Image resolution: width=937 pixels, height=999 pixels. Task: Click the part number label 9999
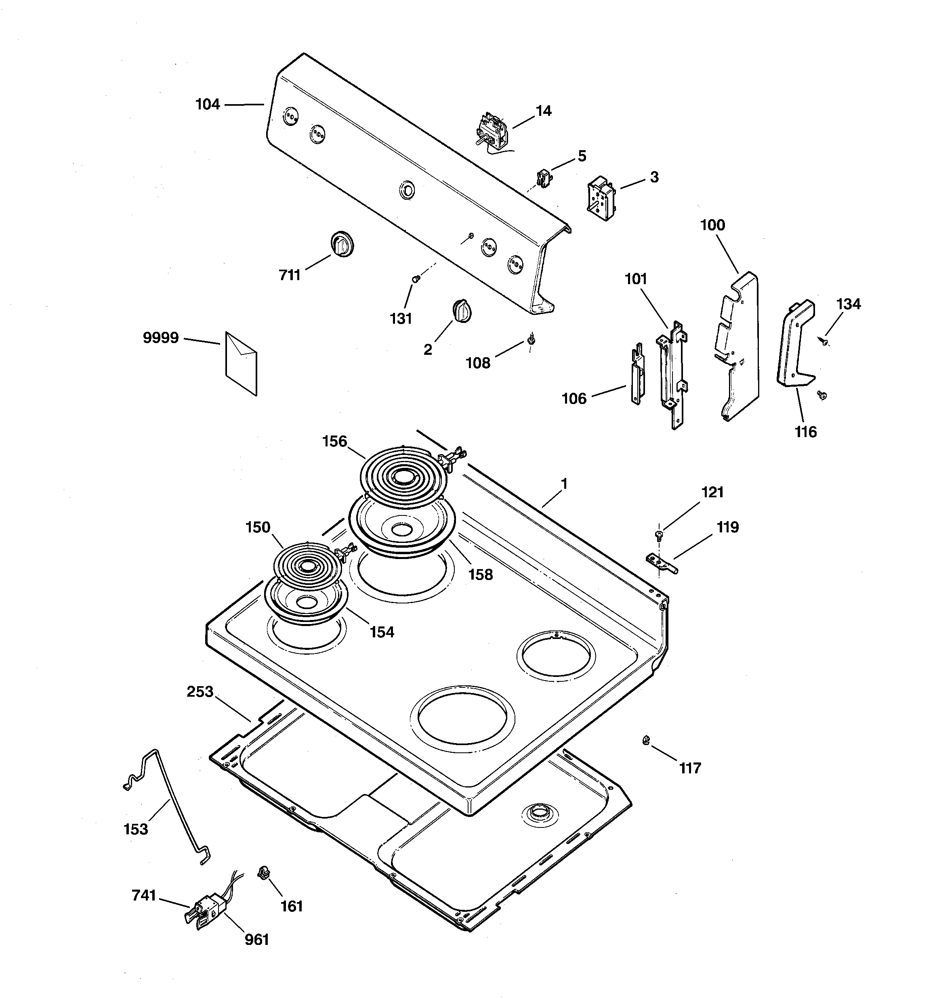tap(160, 338)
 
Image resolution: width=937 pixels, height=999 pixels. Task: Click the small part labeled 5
tap(543, 178)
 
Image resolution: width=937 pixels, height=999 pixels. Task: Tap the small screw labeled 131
tap(416, 279)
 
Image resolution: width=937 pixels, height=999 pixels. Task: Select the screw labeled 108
tap(531, 341)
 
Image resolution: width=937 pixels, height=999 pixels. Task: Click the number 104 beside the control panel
tap(208, 105)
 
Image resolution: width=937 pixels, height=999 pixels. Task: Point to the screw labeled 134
tap(825, 342)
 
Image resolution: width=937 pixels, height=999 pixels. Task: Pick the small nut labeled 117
tap(646, 740)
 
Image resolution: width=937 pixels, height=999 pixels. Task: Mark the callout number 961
tap(256, 939)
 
